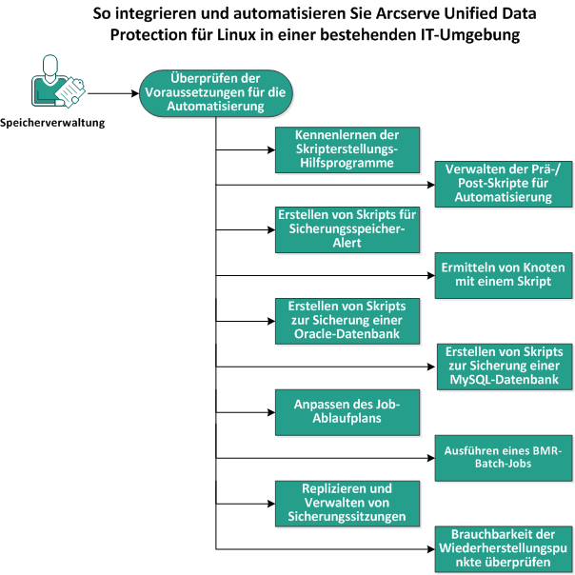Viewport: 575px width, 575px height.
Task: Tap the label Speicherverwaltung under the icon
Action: coord(52,122)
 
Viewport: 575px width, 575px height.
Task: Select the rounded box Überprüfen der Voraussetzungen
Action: coord(216,92)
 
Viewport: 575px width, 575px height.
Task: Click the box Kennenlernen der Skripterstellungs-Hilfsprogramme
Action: coord(346,149)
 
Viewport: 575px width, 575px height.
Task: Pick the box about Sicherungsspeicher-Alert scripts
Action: coord(346,228)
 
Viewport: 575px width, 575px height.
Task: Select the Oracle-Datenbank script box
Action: coord(346,321)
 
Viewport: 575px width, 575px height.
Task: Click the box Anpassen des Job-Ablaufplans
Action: coord(346,412)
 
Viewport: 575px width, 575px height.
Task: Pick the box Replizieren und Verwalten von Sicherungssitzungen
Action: coord(346,502)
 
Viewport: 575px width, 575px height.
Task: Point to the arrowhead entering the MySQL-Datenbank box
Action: coord(430,367)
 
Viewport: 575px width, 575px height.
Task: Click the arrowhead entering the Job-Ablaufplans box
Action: coord(270,412)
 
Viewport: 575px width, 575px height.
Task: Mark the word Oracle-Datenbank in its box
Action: coord(347,334)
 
